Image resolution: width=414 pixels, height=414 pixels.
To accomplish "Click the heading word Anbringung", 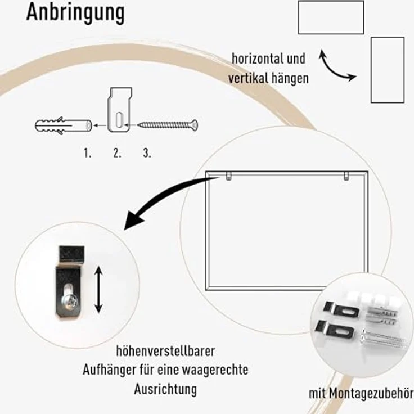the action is [75, 13].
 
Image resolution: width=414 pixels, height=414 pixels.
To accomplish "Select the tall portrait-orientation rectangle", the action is [371, 70].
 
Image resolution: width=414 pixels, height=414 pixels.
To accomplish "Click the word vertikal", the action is [247, 78].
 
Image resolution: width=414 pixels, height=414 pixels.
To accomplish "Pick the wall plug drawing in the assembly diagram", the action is [64, 125].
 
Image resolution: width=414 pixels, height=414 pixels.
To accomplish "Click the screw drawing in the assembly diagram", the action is [168, 125].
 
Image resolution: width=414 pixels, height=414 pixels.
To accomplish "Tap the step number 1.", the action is [87, 153].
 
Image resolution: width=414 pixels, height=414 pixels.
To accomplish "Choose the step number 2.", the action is [117, 153].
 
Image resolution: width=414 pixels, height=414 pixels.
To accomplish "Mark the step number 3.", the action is [147, 153].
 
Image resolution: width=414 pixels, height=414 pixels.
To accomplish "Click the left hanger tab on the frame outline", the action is [229, 176].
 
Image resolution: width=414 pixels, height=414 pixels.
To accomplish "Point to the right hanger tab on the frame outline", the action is [346, 176].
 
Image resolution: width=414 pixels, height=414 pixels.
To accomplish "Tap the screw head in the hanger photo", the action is [69, 302].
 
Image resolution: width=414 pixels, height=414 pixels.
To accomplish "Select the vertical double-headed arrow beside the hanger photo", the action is [98, 290].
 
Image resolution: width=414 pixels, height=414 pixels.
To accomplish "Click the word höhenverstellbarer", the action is [165, 352].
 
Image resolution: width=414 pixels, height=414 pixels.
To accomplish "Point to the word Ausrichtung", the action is [165, 389].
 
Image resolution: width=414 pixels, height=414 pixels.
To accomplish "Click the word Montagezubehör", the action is [371, 394].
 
